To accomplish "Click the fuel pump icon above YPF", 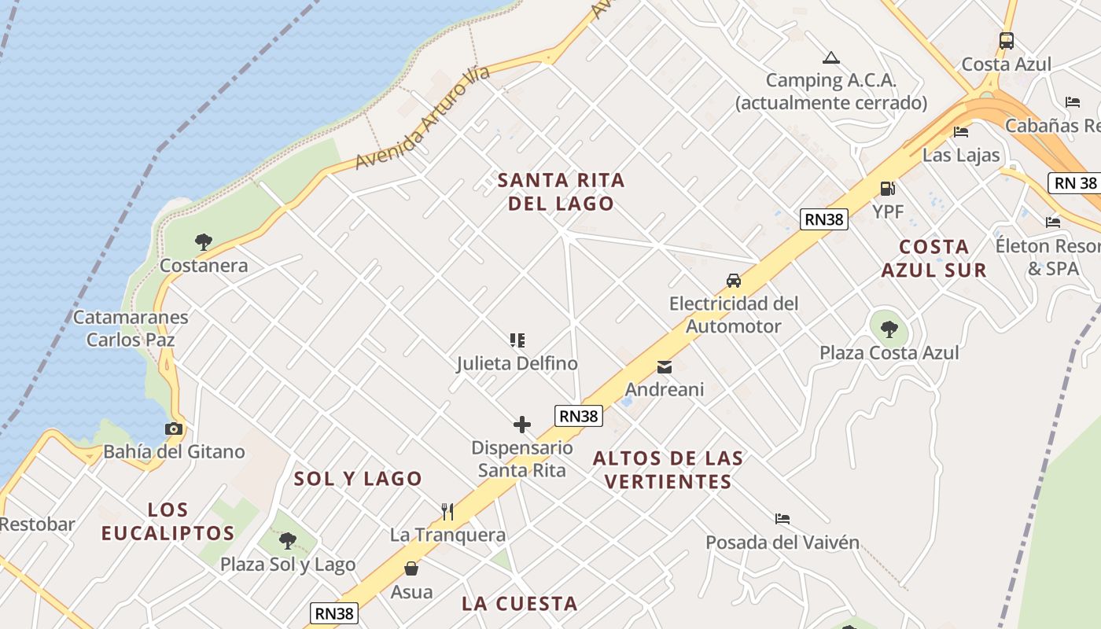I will click(887, 189).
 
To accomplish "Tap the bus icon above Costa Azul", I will click(1006, 41).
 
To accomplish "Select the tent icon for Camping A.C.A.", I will click(830, 57).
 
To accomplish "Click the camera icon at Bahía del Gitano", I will click(174, 429).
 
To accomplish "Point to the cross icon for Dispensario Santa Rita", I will click(521, 425).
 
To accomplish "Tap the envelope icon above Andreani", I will click(665, 366).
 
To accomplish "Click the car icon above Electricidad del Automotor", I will click(733, 281).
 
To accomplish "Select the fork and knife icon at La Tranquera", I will click(447, 512).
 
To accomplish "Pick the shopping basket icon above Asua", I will click(411, 568).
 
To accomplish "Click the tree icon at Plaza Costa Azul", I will click(889, 329).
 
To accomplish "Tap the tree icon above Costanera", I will click(204, 241).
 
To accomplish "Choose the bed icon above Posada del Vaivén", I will click(782, 519).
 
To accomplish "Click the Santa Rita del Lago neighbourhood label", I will click(561, 192).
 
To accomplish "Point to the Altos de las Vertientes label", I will click(668, 469).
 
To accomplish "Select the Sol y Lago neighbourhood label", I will click(358, 478).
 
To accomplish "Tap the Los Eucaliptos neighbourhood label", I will click(168, 520).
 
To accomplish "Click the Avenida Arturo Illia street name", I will click(422, 118).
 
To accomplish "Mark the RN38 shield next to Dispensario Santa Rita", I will click(579, 416).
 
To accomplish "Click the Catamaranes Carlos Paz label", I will click(131, 329).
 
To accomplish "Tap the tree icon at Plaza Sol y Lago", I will click(288, 541).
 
